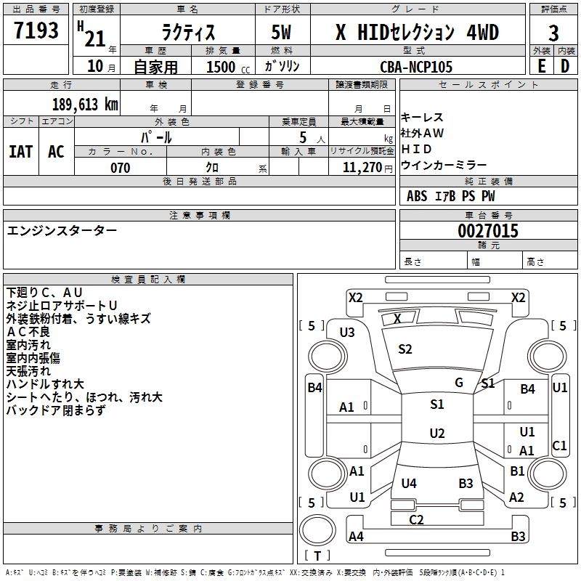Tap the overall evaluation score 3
pos(553,33)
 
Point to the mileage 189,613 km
pos(85,104)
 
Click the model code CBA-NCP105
pos(416,67)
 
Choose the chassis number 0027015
pos(488,231)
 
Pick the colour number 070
pos(120,168)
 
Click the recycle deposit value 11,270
pos(362,168)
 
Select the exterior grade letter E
pos(541,66)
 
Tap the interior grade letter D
pos(565,66)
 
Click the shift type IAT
pos(21,151)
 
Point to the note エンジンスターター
pos(62,230)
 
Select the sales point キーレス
pos(422,118)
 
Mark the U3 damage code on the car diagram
pos(347,332)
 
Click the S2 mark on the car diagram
pos(405,349)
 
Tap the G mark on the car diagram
pos(459,382)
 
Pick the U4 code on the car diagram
pos(409,483)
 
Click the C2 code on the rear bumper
pos(416,519)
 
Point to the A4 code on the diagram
pos(356,537)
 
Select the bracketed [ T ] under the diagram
pos(317,556)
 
